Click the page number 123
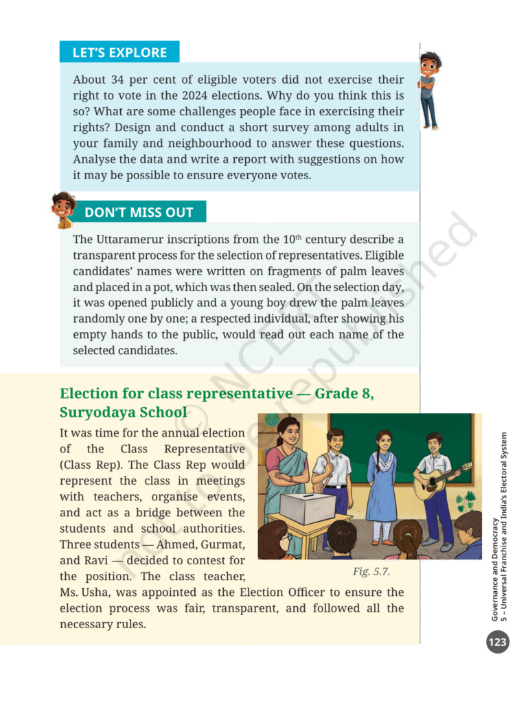point(497,643)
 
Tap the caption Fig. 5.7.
point(371,571)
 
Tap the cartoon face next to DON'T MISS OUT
point(64,209)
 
